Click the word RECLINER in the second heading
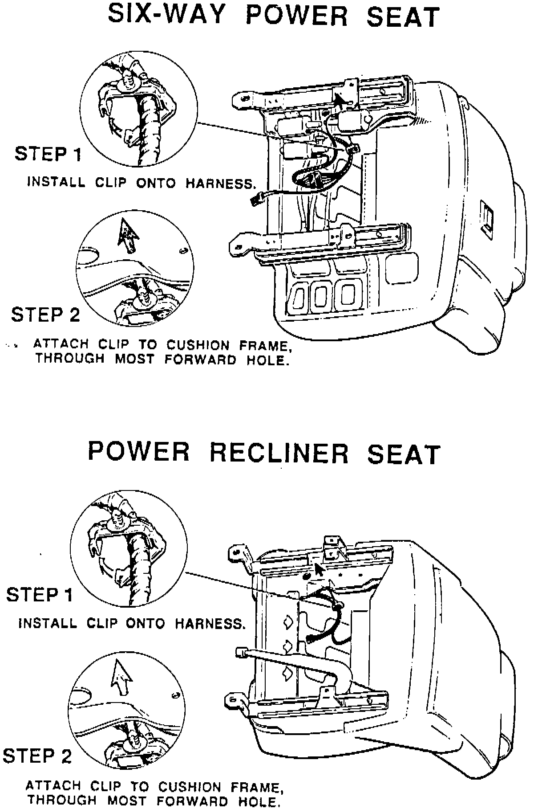279,453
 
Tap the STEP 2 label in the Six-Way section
45,315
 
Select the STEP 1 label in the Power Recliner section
39,595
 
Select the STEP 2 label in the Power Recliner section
37,756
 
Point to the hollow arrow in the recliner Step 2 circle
122,676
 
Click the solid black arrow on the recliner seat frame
319,570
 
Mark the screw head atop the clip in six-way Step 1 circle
129,81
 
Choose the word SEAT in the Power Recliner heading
403,453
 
